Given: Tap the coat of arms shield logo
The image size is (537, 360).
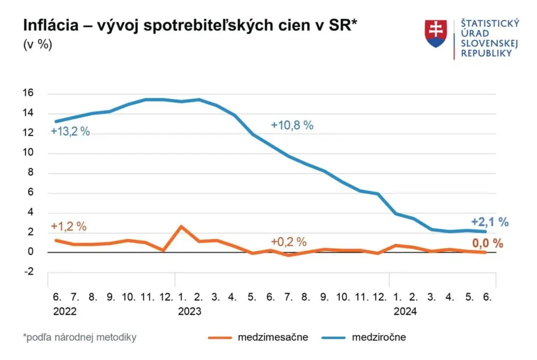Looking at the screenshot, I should point(436,34).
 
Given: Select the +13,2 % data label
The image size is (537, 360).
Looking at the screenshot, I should point(70,132).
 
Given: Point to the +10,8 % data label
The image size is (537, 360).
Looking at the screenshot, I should point(292,125).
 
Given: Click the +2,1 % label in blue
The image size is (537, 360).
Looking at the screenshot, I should point(490,222).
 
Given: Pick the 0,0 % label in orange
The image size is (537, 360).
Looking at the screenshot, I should point(487,243).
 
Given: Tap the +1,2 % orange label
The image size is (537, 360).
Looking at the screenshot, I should point(69,227).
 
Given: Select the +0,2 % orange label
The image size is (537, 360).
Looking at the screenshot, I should point(288,242).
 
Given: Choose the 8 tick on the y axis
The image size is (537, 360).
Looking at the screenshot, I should point(30,173).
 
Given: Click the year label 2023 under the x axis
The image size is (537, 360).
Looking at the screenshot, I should point(189,311).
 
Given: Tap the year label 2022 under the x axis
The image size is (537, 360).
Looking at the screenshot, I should point(65,311).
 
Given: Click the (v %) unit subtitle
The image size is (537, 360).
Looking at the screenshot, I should point(38,45).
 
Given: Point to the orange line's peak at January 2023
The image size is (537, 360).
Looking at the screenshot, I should point(180,226).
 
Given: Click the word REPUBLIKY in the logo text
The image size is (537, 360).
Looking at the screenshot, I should point(486,53).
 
